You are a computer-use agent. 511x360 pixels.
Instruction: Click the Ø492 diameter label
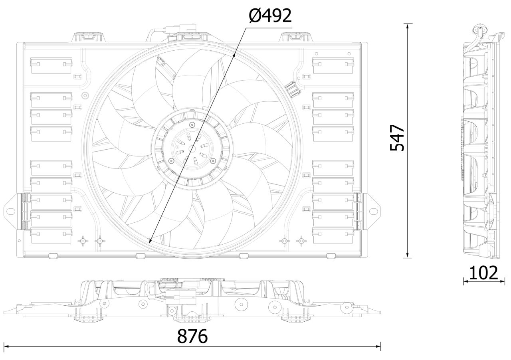pyautogui.click(x=270, y=16)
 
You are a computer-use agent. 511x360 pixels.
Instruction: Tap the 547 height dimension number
pyautogui.click(x=397, y=138)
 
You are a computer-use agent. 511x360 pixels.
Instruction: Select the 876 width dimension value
pyautogui.click(x=192, y=336)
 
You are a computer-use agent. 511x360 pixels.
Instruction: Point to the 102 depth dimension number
pyautogui.click(x=483, y=273)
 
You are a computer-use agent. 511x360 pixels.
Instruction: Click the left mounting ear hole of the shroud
pyautogui.click(x=10, y=211)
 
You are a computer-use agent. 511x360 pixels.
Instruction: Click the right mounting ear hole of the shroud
pyautogui.click(x=373, y=211)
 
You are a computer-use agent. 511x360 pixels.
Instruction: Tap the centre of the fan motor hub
pyautogui.click(x=192, y=149)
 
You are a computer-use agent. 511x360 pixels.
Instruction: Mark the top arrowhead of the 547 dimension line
pyautogui.click(x=408, y=26)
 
